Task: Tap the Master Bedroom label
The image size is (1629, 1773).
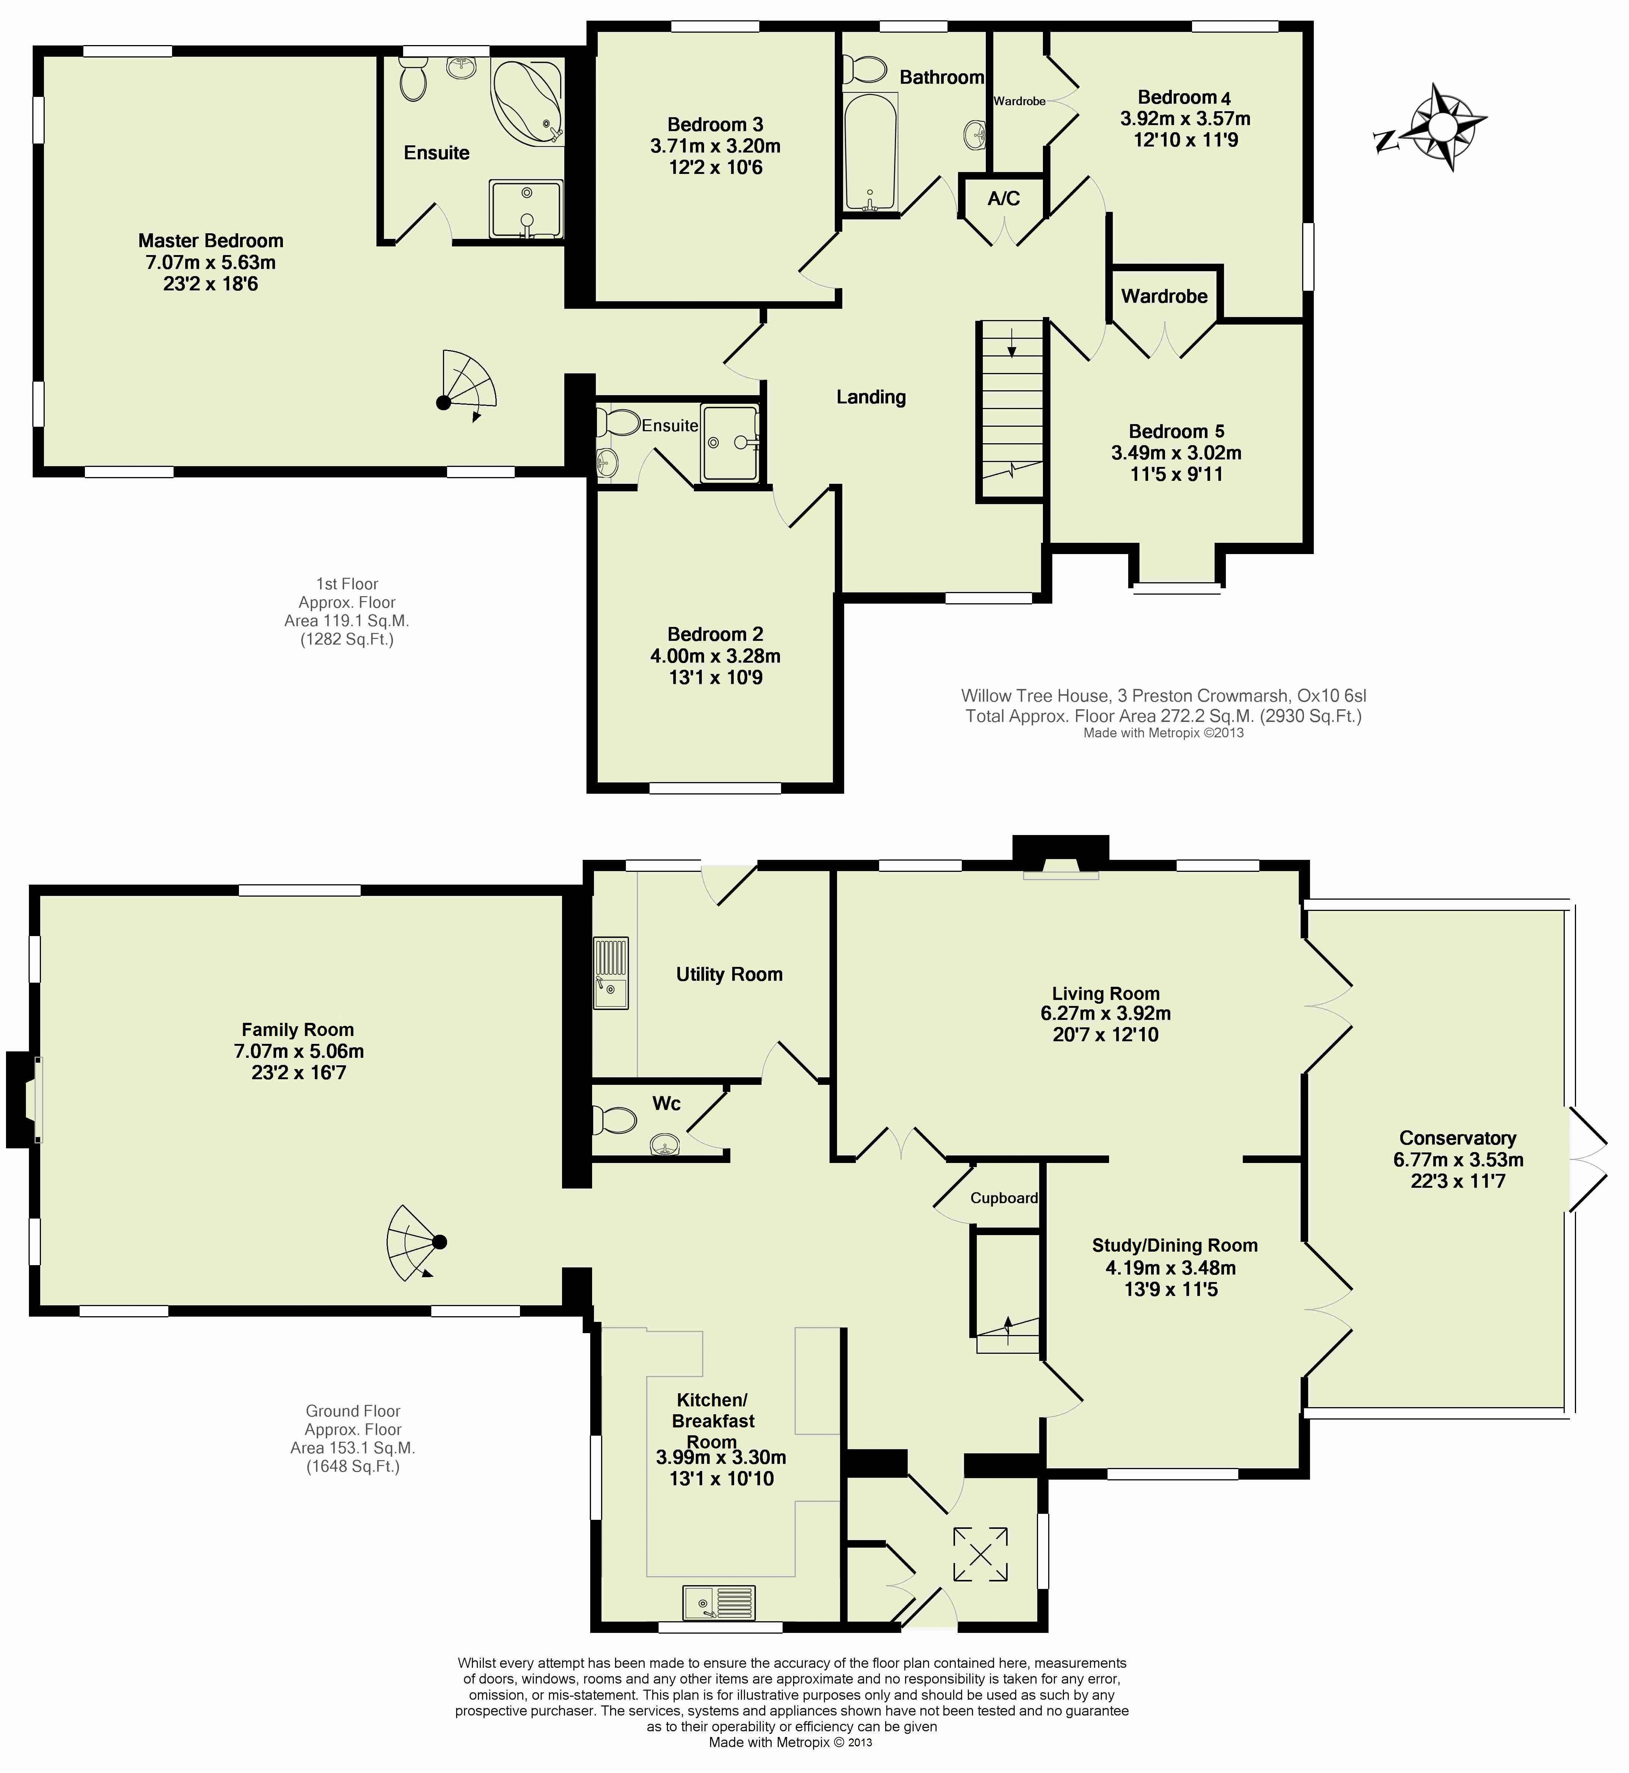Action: [x=211, y=240]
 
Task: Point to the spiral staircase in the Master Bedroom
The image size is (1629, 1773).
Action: [x=467, y=383]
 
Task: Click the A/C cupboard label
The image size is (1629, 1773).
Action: [x=1003, y=198]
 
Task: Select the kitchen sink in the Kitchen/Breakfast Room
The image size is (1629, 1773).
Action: [x=718, y=1602]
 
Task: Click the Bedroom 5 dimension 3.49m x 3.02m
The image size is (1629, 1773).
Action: [x=1176, y=453]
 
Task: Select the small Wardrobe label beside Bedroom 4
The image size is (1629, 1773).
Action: [x=1019, y=101]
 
